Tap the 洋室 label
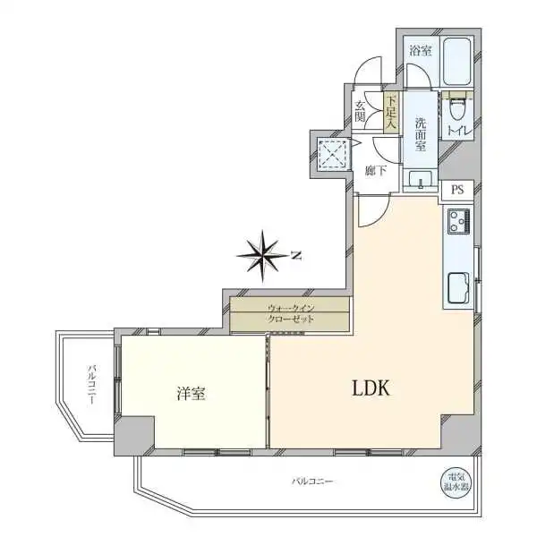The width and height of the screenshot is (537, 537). pos(192,392)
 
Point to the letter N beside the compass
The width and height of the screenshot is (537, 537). pos(297,255)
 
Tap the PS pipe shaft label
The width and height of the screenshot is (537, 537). pos(457,190)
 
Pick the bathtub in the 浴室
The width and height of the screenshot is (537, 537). pos(456,64)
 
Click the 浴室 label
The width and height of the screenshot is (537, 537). pos(418,51)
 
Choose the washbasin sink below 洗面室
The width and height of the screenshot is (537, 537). pos(419,182)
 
